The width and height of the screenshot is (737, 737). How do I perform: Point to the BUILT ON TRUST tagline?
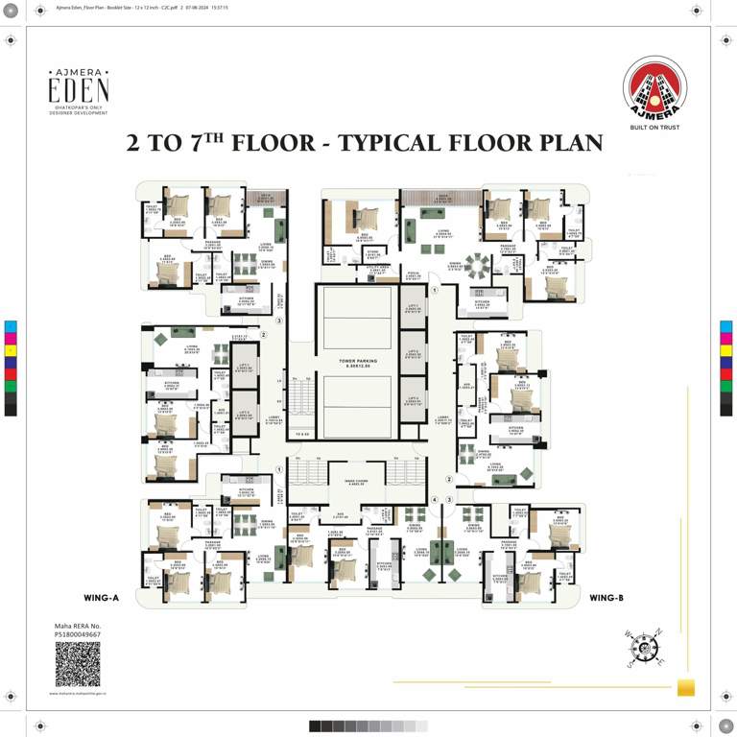click(654, 127)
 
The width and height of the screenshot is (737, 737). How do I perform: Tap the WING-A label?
click(102, 598)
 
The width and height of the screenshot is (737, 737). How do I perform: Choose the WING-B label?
click(606, 598)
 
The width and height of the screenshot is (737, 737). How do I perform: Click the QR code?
click(77, 664)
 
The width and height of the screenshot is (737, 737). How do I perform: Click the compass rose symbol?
click(645, 649)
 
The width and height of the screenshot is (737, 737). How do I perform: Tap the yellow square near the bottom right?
click(685, 687)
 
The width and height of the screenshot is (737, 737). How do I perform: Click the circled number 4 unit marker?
click(434, 500)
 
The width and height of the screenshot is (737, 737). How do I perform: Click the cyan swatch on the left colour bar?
click(11, 326)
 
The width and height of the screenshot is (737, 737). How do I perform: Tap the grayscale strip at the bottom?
click(368, 726)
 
